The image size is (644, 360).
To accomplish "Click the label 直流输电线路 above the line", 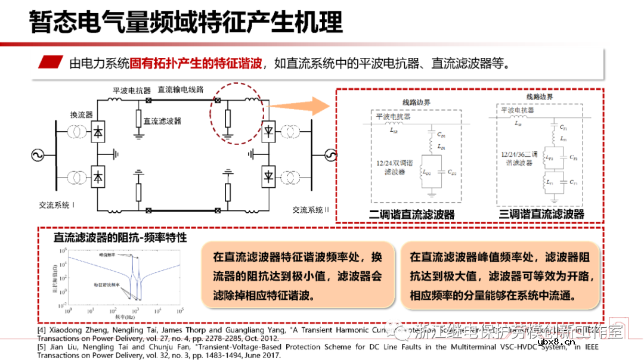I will (180, 89).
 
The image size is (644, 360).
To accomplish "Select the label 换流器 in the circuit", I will (80, 114).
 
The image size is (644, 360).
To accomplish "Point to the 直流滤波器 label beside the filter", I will (162, 120).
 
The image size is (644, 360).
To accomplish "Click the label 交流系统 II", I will (311, 210).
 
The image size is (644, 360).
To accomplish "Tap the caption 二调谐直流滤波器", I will (412, 214).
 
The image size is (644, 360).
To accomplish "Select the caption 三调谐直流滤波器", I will (541, 214).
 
